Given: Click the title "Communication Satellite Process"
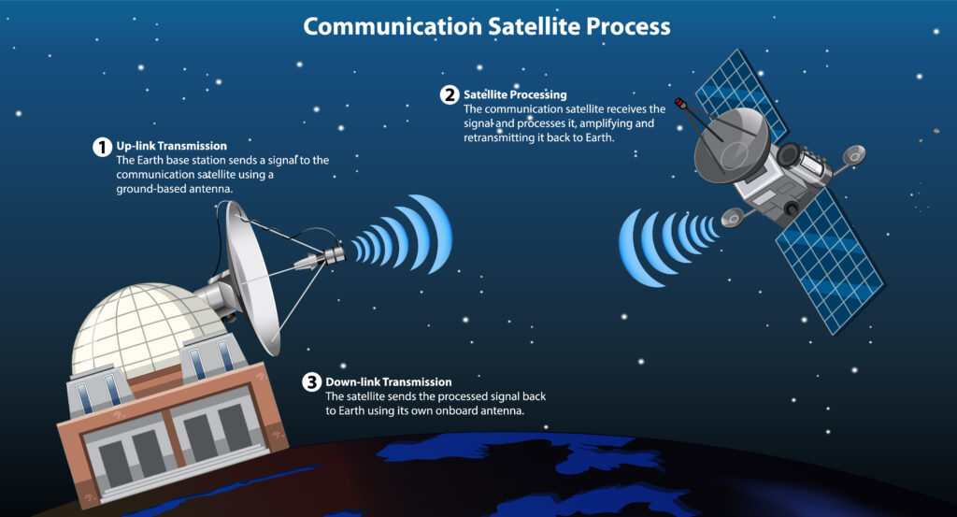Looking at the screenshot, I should click(487, 25).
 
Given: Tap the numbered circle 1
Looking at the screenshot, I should click(101, 147).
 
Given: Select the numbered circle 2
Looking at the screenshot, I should click(450, 95).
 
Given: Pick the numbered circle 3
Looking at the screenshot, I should click(311, 382).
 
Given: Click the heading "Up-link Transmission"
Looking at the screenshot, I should click(172, 147).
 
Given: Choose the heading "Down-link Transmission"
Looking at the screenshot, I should click(388, 382).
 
